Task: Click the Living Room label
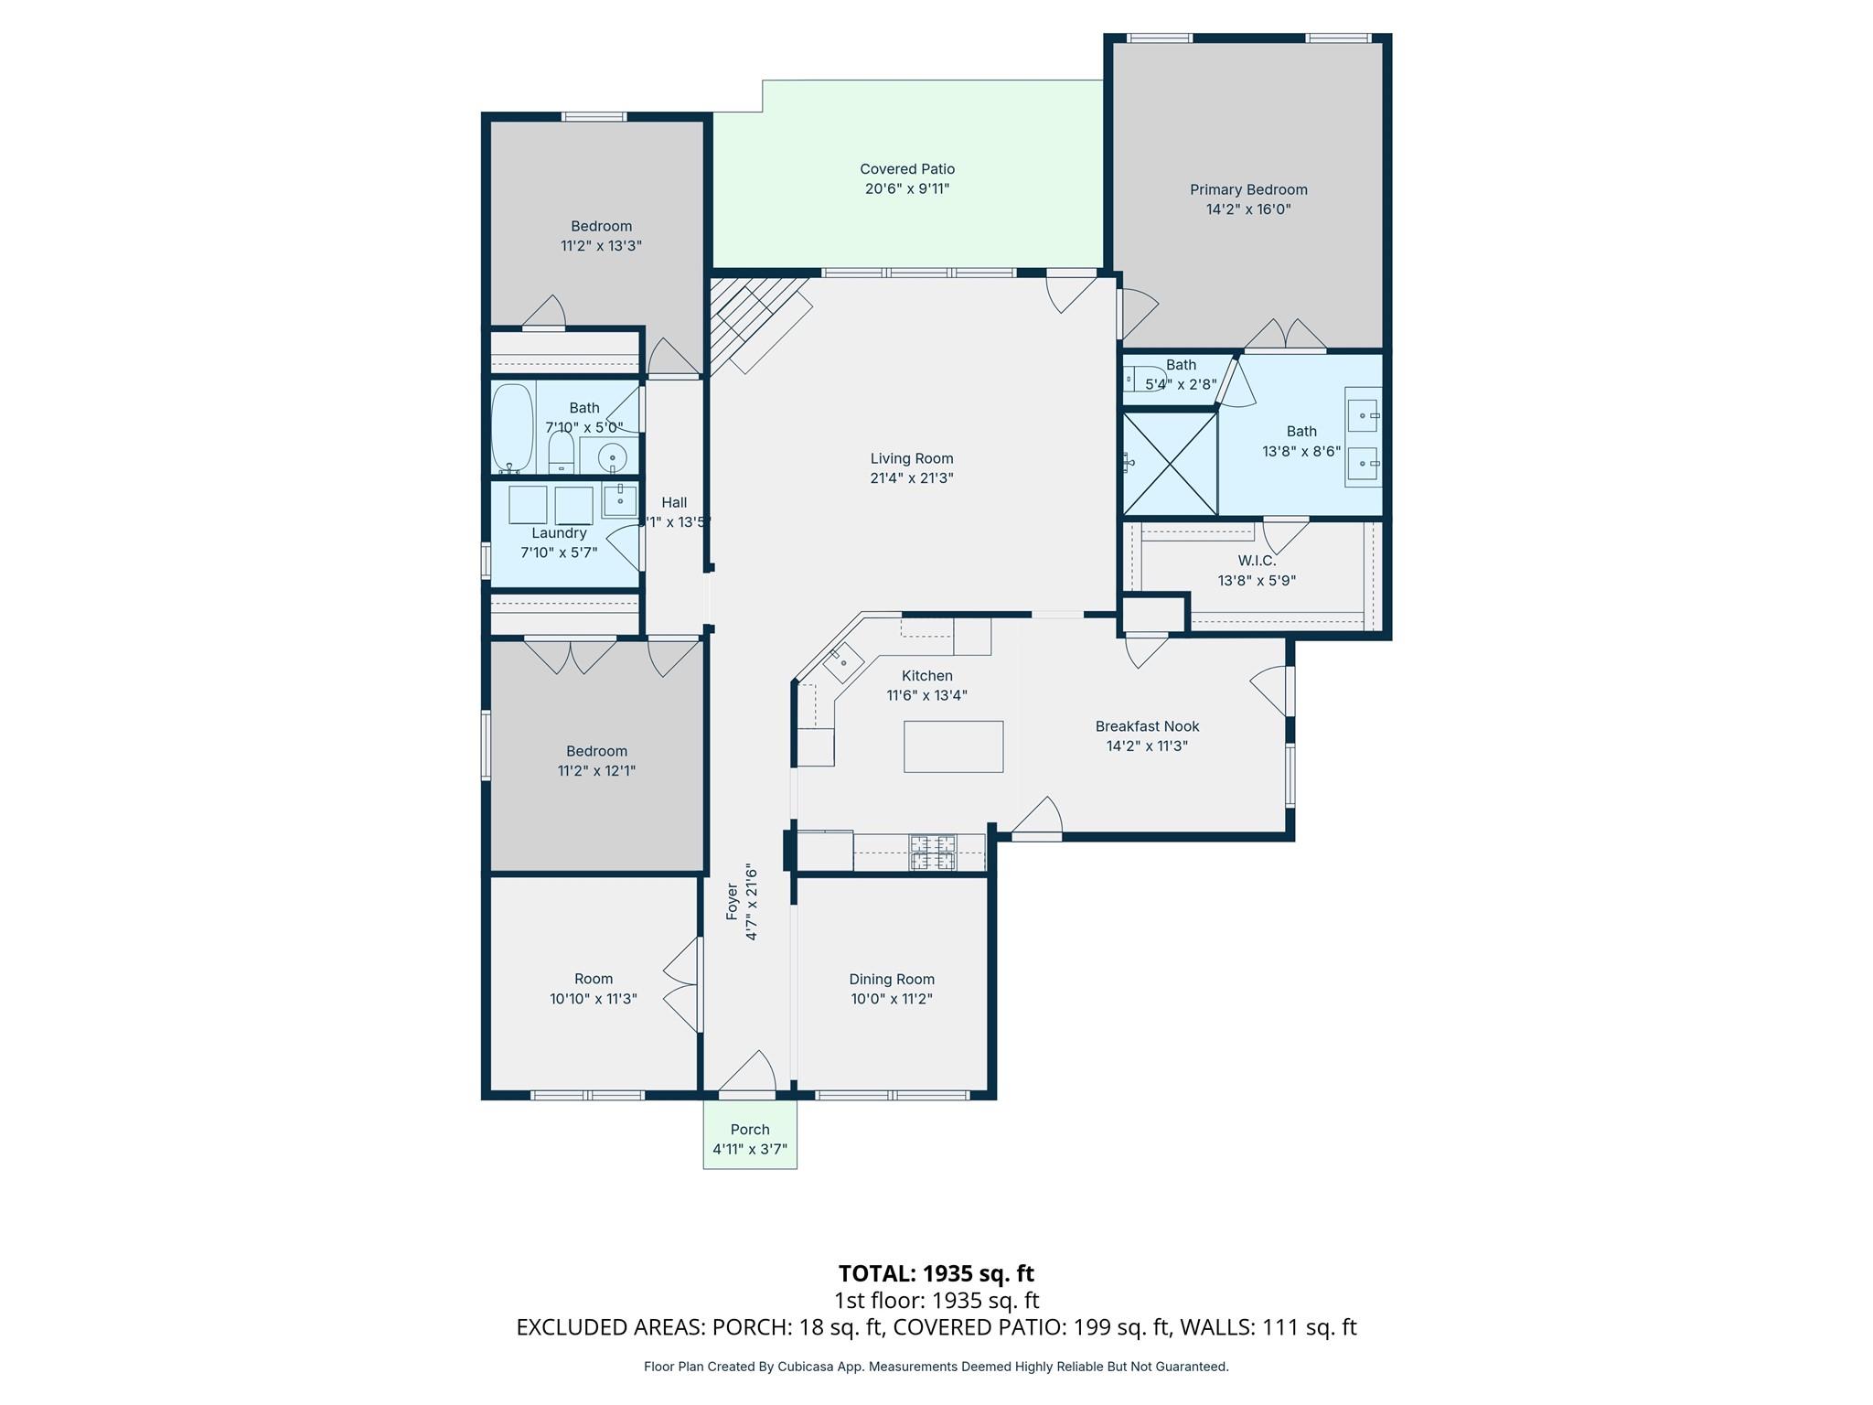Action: pos(911,458)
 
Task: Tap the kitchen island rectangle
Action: pos(953,746)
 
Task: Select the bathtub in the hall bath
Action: pos(512,427)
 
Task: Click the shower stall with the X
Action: pos(1170,463)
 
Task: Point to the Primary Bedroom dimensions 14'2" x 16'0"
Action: pos(1247,209)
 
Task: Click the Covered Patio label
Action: pos(906,169)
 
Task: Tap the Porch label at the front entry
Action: pos(750,1130)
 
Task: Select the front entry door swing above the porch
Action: pos(753,1073)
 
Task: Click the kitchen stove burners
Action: pos(932,853)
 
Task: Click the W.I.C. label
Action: pos(1257,561)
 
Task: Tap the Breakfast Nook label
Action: pos(1147,726)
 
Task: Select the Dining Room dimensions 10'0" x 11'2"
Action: pos(891,999)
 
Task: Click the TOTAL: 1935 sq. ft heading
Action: pos(936,1273)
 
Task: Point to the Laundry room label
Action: pos(559,533)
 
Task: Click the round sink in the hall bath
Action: pos(612,456)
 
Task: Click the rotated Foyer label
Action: pos(732,902)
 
